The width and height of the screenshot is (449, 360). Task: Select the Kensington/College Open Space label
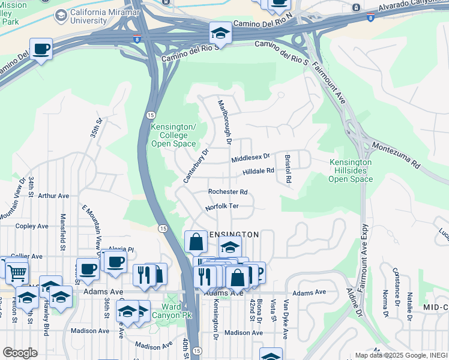[173, 135]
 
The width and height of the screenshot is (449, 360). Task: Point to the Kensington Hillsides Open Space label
[351, 170]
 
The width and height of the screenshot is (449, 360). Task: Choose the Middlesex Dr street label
[251, 157]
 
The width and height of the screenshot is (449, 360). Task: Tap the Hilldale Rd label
[258, 172]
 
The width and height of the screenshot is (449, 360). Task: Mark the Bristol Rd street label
[288, 169]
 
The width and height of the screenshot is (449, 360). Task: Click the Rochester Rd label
[228, 192]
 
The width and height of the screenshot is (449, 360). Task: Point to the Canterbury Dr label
[196, 166]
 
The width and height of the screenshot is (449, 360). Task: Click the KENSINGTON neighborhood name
[233, 234]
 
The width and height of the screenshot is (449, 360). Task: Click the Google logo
[20, 353]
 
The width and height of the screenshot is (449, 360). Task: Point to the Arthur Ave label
[53, 196]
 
